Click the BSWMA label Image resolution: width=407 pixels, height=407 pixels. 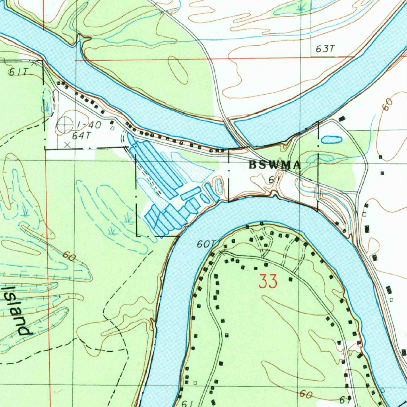(x=274, y=165)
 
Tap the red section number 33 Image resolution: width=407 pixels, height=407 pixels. (x=267, y=282)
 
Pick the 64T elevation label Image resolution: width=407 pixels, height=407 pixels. (x=81, y=136)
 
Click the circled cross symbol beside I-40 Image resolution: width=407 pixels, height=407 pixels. (x=63, y=126)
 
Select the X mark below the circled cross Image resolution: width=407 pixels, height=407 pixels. (x=66, y=145)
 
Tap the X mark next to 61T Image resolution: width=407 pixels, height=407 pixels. (x=36, y=62)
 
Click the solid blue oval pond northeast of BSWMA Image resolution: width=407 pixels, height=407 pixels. (x=331, y=140)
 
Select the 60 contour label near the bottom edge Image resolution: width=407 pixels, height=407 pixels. (x=305, y=394)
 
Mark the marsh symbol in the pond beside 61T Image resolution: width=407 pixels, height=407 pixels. (x=47, y=106)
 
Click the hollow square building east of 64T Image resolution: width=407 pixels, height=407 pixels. (x=112, y=128)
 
